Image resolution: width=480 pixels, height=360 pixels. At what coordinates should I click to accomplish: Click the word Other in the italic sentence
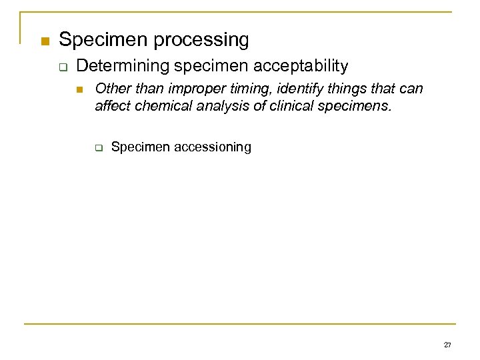[110, 89]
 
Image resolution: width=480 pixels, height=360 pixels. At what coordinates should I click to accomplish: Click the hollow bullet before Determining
[65, 67]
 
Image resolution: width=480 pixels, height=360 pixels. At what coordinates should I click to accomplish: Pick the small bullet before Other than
[82, 90]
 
